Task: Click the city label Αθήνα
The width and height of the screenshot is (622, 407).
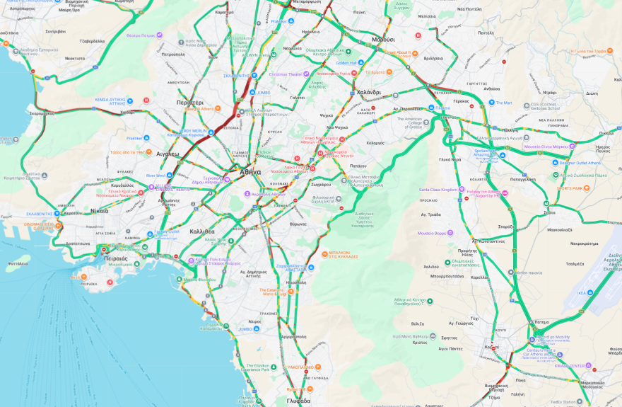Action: (250, 171)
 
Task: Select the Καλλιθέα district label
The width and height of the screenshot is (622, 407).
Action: (201, 231)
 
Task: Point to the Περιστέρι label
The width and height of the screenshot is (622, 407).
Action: (189, 103)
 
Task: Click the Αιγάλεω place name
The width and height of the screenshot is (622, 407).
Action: (168, 154)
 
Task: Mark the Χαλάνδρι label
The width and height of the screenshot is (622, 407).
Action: (368, 92)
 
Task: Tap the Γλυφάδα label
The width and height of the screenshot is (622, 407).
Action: (299, 401)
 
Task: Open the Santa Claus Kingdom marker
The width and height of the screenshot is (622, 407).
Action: (461, 190)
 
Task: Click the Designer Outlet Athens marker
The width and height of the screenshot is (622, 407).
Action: (553, 163)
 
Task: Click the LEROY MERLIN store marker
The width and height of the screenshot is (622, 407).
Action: (184, 131)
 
